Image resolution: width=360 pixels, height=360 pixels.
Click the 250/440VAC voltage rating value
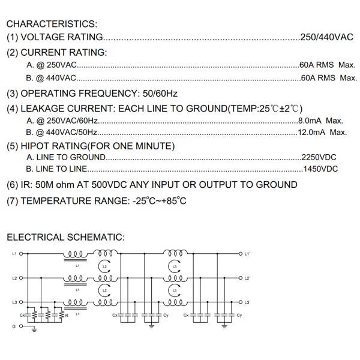pos(327,37)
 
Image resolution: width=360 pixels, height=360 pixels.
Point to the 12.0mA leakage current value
pos(311,132)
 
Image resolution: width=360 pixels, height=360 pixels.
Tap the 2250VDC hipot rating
pos(319,157)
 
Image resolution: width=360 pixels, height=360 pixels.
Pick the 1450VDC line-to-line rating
pos(320,169)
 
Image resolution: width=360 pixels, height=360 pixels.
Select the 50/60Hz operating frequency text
pos(160,94)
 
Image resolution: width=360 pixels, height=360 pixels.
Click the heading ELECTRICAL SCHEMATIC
pos(65,237)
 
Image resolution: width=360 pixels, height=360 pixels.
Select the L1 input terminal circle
pos(21,254)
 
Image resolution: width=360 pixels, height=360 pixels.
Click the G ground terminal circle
pos(21,326)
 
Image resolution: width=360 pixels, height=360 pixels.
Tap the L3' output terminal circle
pos(241,302)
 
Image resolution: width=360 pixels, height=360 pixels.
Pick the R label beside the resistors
pos(67,316)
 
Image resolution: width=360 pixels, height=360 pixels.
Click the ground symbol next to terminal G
pos(34,330)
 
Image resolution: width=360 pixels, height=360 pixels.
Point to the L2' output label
pos(247,278)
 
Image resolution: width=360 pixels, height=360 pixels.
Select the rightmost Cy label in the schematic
pos(239,315)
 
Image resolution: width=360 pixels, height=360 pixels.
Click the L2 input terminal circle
pos(21,278)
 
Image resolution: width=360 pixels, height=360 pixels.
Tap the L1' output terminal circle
pos(241,254)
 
